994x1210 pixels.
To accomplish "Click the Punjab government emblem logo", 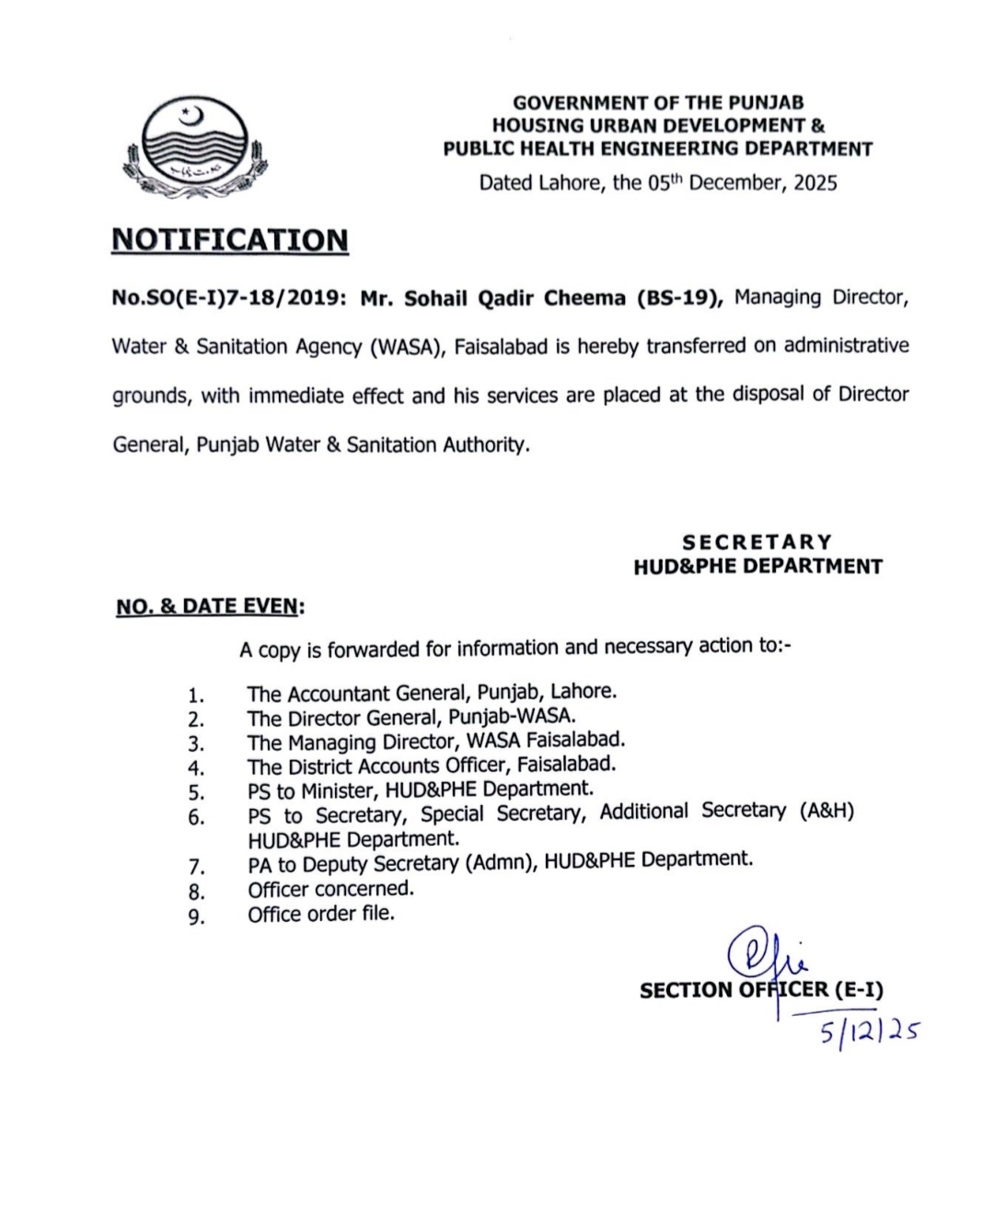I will click(x=194, y=148).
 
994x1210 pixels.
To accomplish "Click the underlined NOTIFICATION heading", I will click(x=230, y=239).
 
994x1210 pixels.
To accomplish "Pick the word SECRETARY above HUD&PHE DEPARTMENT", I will click(x=757, y=542).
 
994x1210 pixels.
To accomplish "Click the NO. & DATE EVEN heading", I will click(x=210, y=606).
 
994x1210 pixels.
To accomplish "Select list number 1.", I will click(x=195, y=696).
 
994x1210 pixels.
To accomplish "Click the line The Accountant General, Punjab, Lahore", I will click(x=431, y=692).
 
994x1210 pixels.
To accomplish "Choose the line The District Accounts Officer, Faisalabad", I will click(x=431, y=765).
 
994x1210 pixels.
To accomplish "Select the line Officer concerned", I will click(x=330, y=889).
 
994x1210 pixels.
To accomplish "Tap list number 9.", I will click(x=196, y=916).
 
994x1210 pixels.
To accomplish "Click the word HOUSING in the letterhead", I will click(x=537, y=125).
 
